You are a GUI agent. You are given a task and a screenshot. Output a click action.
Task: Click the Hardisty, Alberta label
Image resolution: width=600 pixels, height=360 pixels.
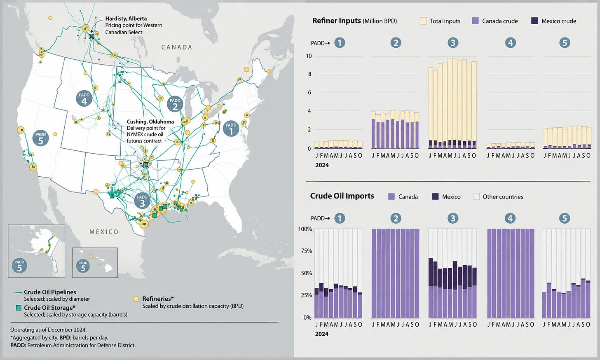pos(126,19)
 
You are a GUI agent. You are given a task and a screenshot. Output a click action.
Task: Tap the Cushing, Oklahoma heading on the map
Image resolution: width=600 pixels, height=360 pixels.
pos(150,122)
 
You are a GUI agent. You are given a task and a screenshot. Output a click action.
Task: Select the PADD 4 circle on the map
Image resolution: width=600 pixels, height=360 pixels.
pos(84,98)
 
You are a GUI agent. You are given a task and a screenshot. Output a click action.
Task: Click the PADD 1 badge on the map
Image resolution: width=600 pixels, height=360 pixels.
pos(231,129)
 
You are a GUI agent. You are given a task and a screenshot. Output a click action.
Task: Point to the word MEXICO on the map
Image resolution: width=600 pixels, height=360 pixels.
pos(104,232)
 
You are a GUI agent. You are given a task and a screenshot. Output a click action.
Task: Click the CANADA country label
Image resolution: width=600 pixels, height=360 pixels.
pos(177,47)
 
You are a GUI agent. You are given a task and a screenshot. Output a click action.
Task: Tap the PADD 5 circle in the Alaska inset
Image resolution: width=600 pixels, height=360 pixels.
pos(19,265)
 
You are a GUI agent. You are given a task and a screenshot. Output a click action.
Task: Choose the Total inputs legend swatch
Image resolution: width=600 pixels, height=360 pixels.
pos(424,21)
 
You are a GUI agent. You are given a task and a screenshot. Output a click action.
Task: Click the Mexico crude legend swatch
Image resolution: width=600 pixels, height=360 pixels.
pos(534,21)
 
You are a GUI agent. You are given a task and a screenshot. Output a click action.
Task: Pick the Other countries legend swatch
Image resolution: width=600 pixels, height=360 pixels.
pos(476,197)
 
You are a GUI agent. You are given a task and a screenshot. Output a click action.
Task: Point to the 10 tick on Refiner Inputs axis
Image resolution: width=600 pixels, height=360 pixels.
pos(309,56)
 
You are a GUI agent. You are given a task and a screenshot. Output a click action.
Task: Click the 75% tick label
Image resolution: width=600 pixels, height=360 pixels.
pos(305,251)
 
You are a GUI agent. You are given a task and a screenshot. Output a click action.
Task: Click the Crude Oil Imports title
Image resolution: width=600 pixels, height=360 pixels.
pos(342,196)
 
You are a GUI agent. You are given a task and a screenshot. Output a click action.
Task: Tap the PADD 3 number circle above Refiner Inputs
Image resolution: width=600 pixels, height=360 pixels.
pos(453,43)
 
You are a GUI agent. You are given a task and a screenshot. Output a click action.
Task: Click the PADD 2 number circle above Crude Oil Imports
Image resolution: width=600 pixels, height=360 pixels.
pos(396,218)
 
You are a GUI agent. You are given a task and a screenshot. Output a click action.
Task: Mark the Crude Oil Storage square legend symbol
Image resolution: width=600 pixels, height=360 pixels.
pos(19,308)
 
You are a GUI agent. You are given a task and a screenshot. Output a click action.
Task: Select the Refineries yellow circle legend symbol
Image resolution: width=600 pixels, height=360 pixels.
pos(136,299)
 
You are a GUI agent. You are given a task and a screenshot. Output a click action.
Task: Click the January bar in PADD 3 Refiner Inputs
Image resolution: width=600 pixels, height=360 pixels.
pos(431,108)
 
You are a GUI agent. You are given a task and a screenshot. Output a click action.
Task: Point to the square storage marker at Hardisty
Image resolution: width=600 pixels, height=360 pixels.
pos(91,36)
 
